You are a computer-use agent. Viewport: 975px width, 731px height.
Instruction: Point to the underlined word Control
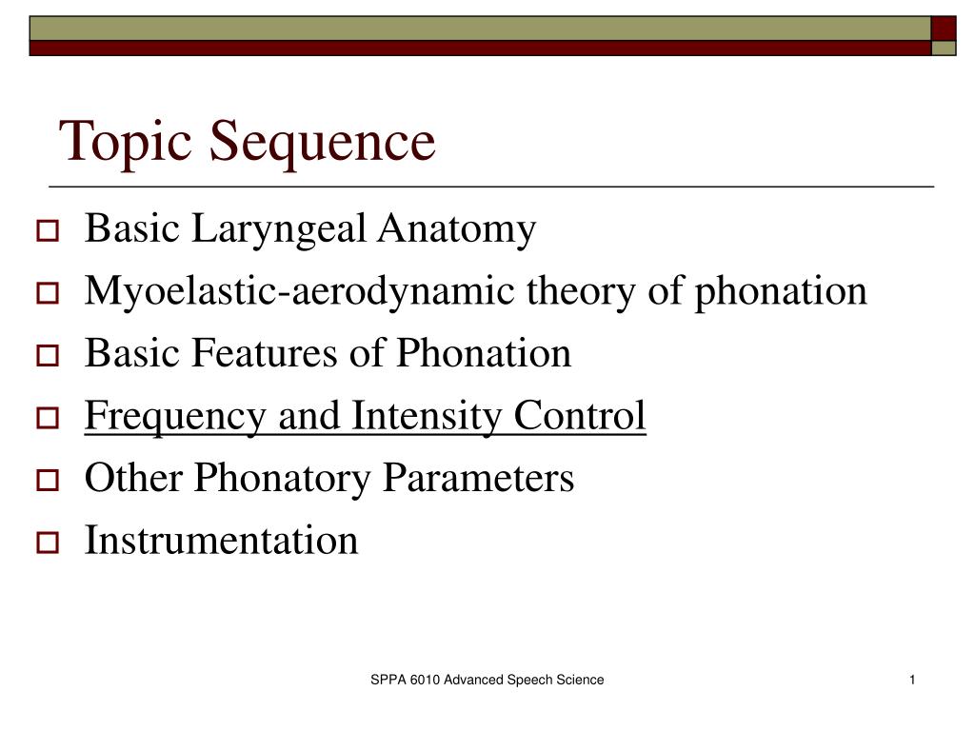[x=581, y=416]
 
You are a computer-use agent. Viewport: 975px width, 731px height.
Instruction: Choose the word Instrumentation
[x=222, y=541]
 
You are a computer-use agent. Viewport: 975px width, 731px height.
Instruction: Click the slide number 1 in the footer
[x=912, y=680]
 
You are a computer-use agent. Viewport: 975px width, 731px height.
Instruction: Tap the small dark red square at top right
[x=944, y=28]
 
